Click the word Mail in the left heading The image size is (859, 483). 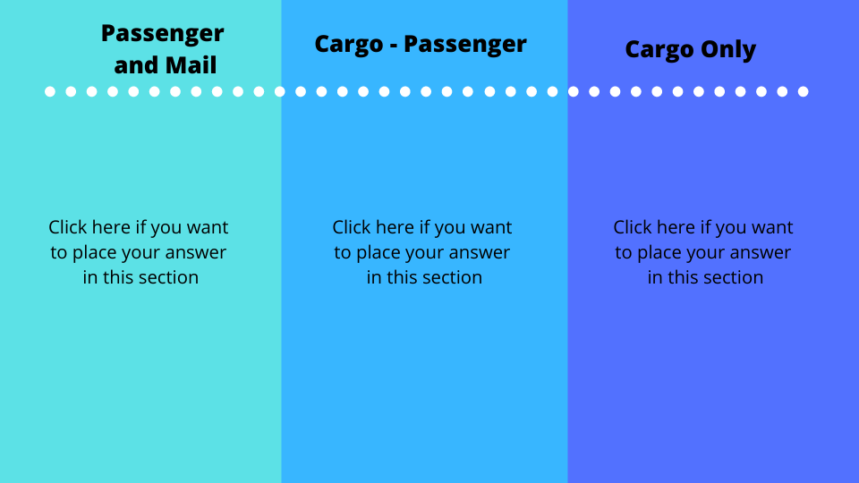point(191,65)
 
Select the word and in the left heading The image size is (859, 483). point(136,65)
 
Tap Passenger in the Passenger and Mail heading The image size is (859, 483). point(163,34)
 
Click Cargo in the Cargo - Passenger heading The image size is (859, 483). point(349,45)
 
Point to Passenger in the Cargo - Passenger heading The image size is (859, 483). point(465,45)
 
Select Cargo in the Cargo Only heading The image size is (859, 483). point(659,50)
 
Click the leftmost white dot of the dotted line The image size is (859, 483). point(50,91)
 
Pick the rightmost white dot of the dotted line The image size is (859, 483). point(804,91)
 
